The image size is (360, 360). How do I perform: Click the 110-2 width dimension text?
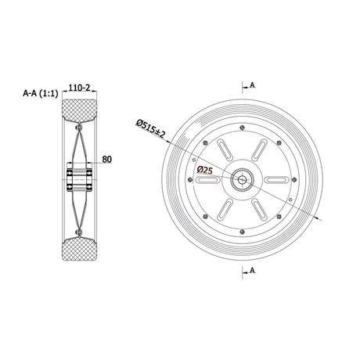(x=79, y=88)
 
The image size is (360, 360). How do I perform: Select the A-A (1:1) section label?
(x=41, y=93)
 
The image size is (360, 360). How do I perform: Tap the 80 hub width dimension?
(x=106, y=159)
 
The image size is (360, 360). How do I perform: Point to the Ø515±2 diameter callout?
(x=150, y=128)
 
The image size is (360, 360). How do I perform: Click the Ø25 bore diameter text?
(x=205, y=171)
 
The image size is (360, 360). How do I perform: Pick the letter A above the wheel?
(x=252, y=85)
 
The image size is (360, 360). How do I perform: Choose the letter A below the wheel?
(x=252, y=270)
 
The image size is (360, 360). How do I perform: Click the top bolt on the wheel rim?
(x=243, y=128)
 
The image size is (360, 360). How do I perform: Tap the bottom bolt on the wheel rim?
(x=243, y=232)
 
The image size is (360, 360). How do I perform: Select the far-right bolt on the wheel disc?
(x=294, y=179)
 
